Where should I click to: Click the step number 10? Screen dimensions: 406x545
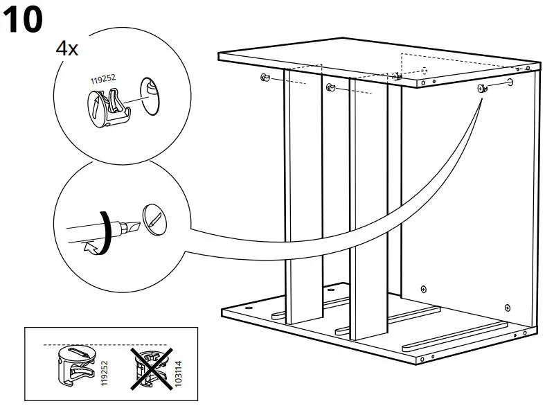click(x=24, y=20)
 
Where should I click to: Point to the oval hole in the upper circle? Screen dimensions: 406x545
click(x=152, y=90)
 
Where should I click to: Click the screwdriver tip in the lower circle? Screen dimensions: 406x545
click(x=125, y=225)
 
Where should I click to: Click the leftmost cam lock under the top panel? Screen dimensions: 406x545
click(x=265, y=78)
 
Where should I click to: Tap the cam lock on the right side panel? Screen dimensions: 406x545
click(x=481, y=88)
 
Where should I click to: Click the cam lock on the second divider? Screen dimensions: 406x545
click(x=330, y=86)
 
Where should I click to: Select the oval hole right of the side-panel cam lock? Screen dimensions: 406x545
click(x=510, y=83)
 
